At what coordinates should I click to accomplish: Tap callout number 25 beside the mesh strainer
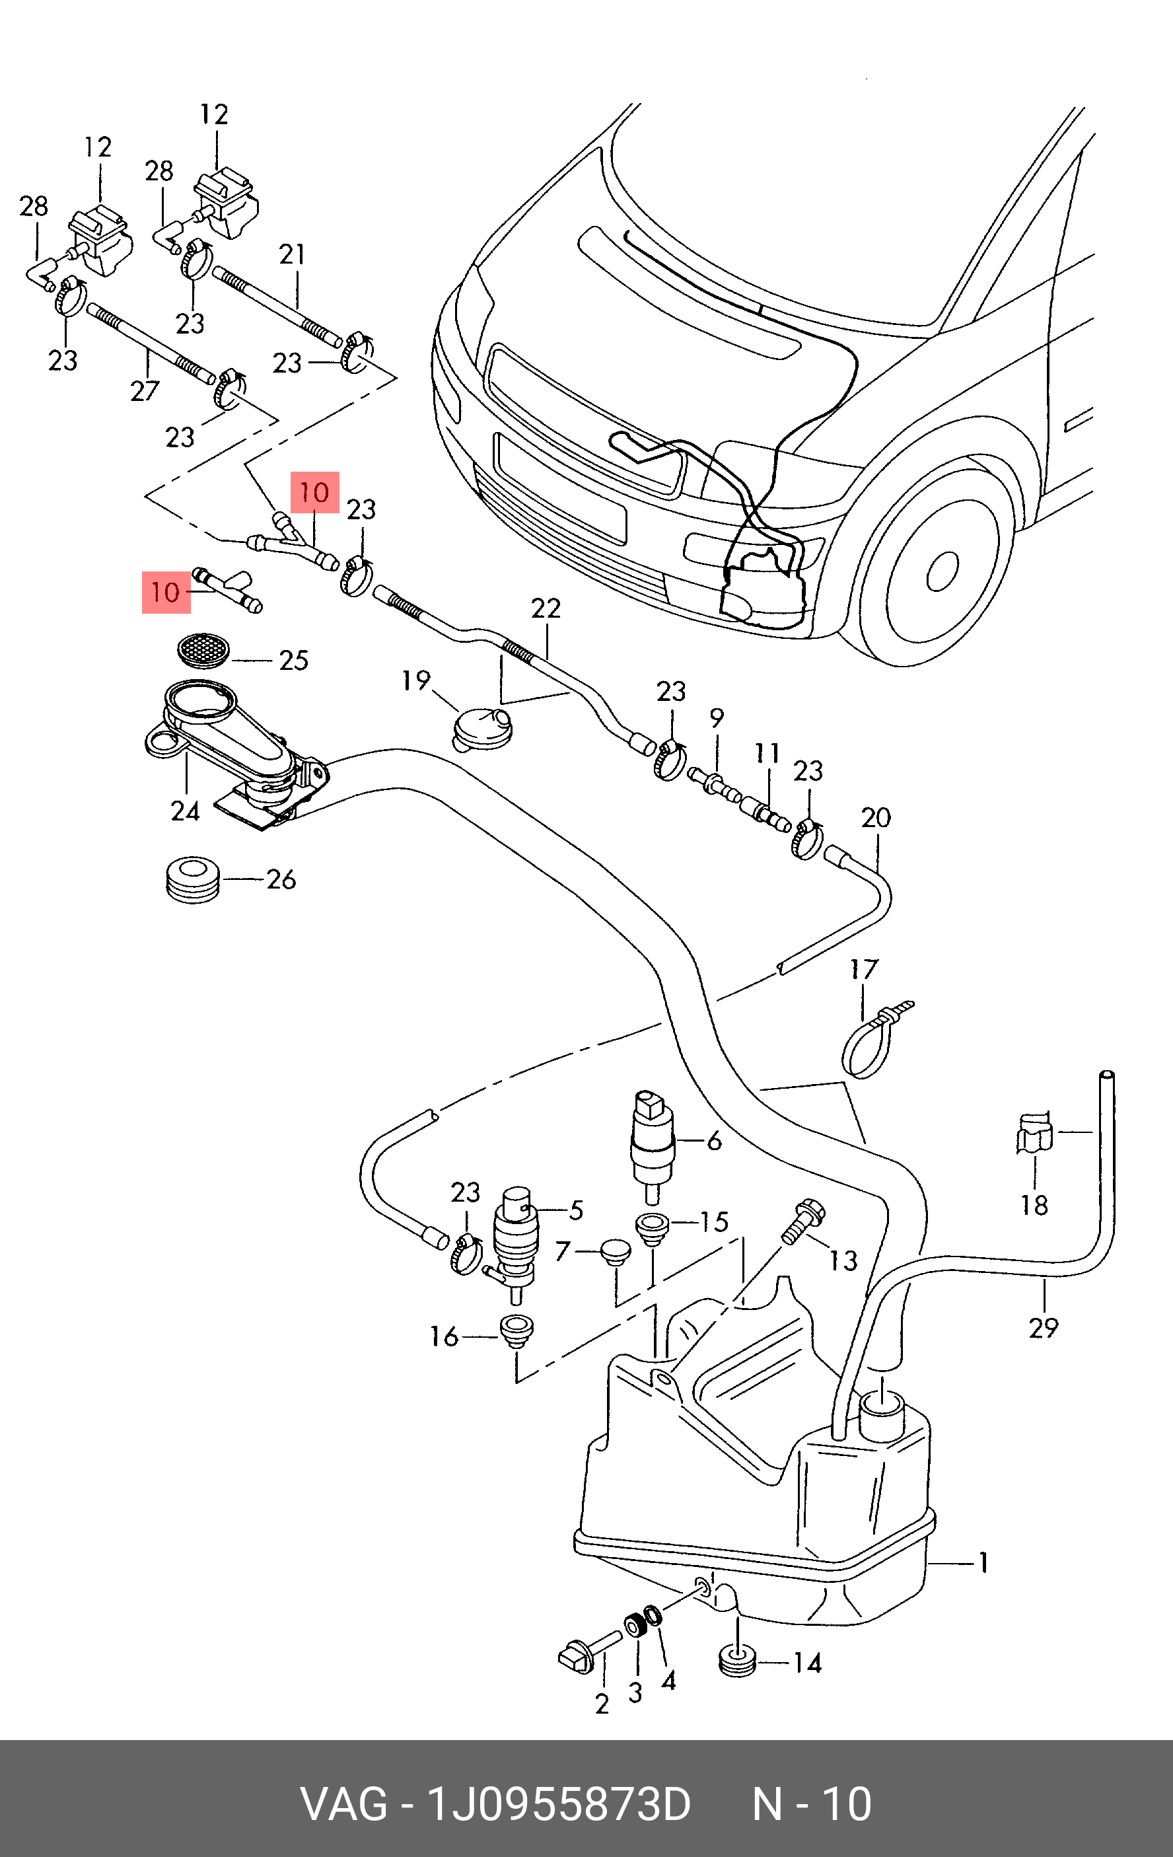pos(293,660)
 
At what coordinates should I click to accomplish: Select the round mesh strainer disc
pos(203,651)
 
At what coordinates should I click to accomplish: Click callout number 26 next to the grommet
pos(281,879)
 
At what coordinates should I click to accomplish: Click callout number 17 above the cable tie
pos(864,969)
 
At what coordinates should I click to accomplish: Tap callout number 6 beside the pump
pos(714,1141)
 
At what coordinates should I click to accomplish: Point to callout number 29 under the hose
pos(1044,1328)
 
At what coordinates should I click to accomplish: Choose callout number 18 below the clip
pos(1034,1204)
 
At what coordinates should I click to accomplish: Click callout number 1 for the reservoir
pos(983,1563)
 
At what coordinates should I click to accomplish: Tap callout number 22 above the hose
pos(546,608)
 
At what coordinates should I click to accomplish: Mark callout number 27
pos(144,391)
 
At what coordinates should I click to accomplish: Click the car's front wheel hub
pos(942,571)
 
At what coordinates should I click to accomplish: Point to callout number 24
pos(185,811)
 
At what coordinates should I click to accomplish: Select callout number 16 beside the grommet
pos(444,1336)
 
